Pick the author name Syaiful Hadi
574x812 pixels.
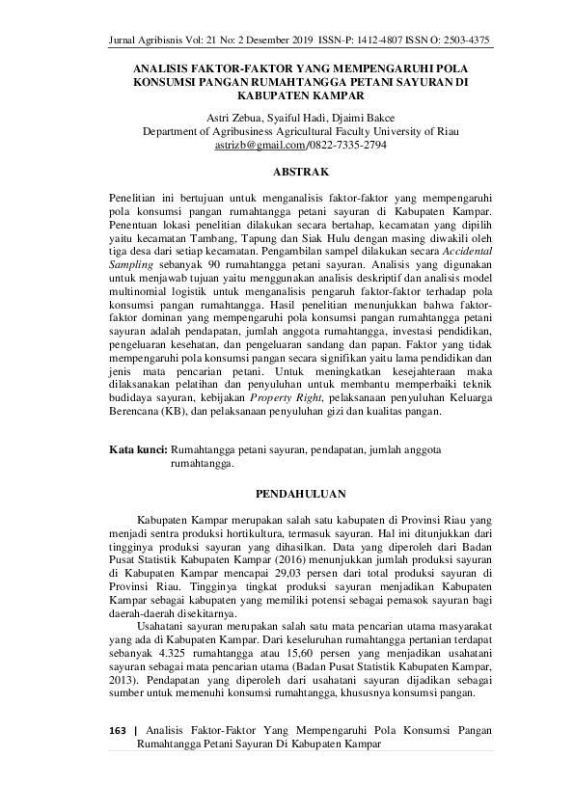292,118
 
